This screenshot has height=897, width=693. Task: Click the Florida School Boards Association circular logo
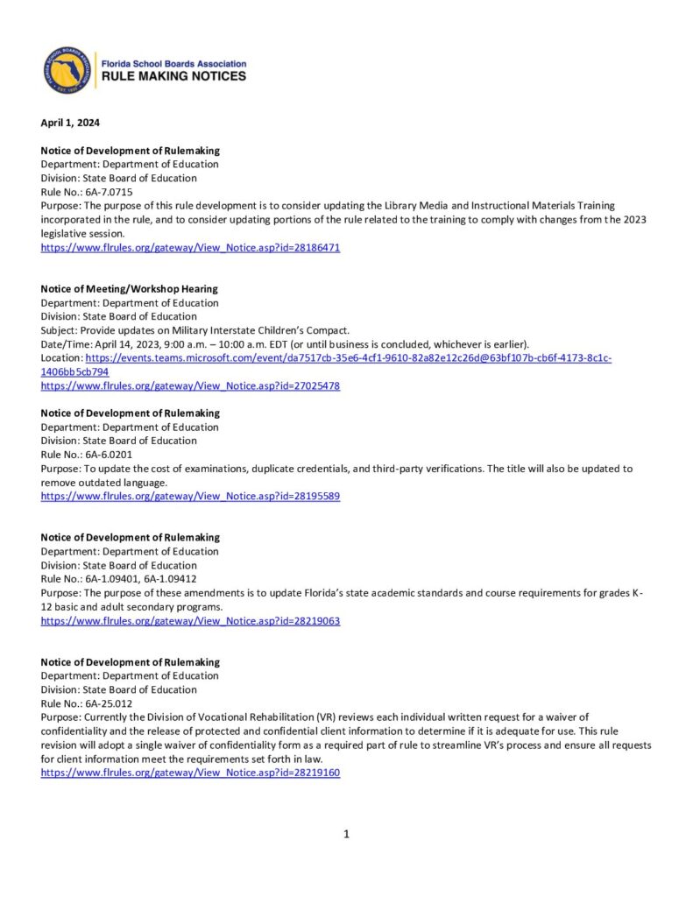(x=67, y=70)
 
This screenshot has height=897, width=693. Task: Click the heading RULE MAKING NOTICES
(x=174, y=76)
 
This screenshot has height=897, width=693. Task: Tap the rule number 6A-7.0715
(x=110, y=192)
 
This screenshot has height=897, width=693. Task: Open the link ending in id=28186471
(x=190, y=248)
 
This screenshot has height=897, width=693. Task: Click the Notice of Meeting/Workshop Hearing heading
(x=129, y=289)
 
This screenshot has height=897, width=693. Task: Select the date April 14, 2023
(x=124, y=344)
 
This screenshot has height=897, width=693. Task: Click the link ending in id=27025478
(x=190, y=385)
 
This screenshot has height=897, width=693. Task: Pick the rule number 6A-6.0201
(x=110, y=455)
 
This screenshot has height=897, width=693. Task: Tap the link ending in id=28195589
(x=190, y=496)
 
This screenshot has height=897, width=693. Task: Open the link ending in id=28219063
(x=190, y=620)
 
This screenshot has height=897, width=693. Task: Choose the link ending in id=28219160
(x=190, y=773)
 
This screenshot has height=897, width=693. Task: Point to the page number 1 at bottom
(x=346, y=834)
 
